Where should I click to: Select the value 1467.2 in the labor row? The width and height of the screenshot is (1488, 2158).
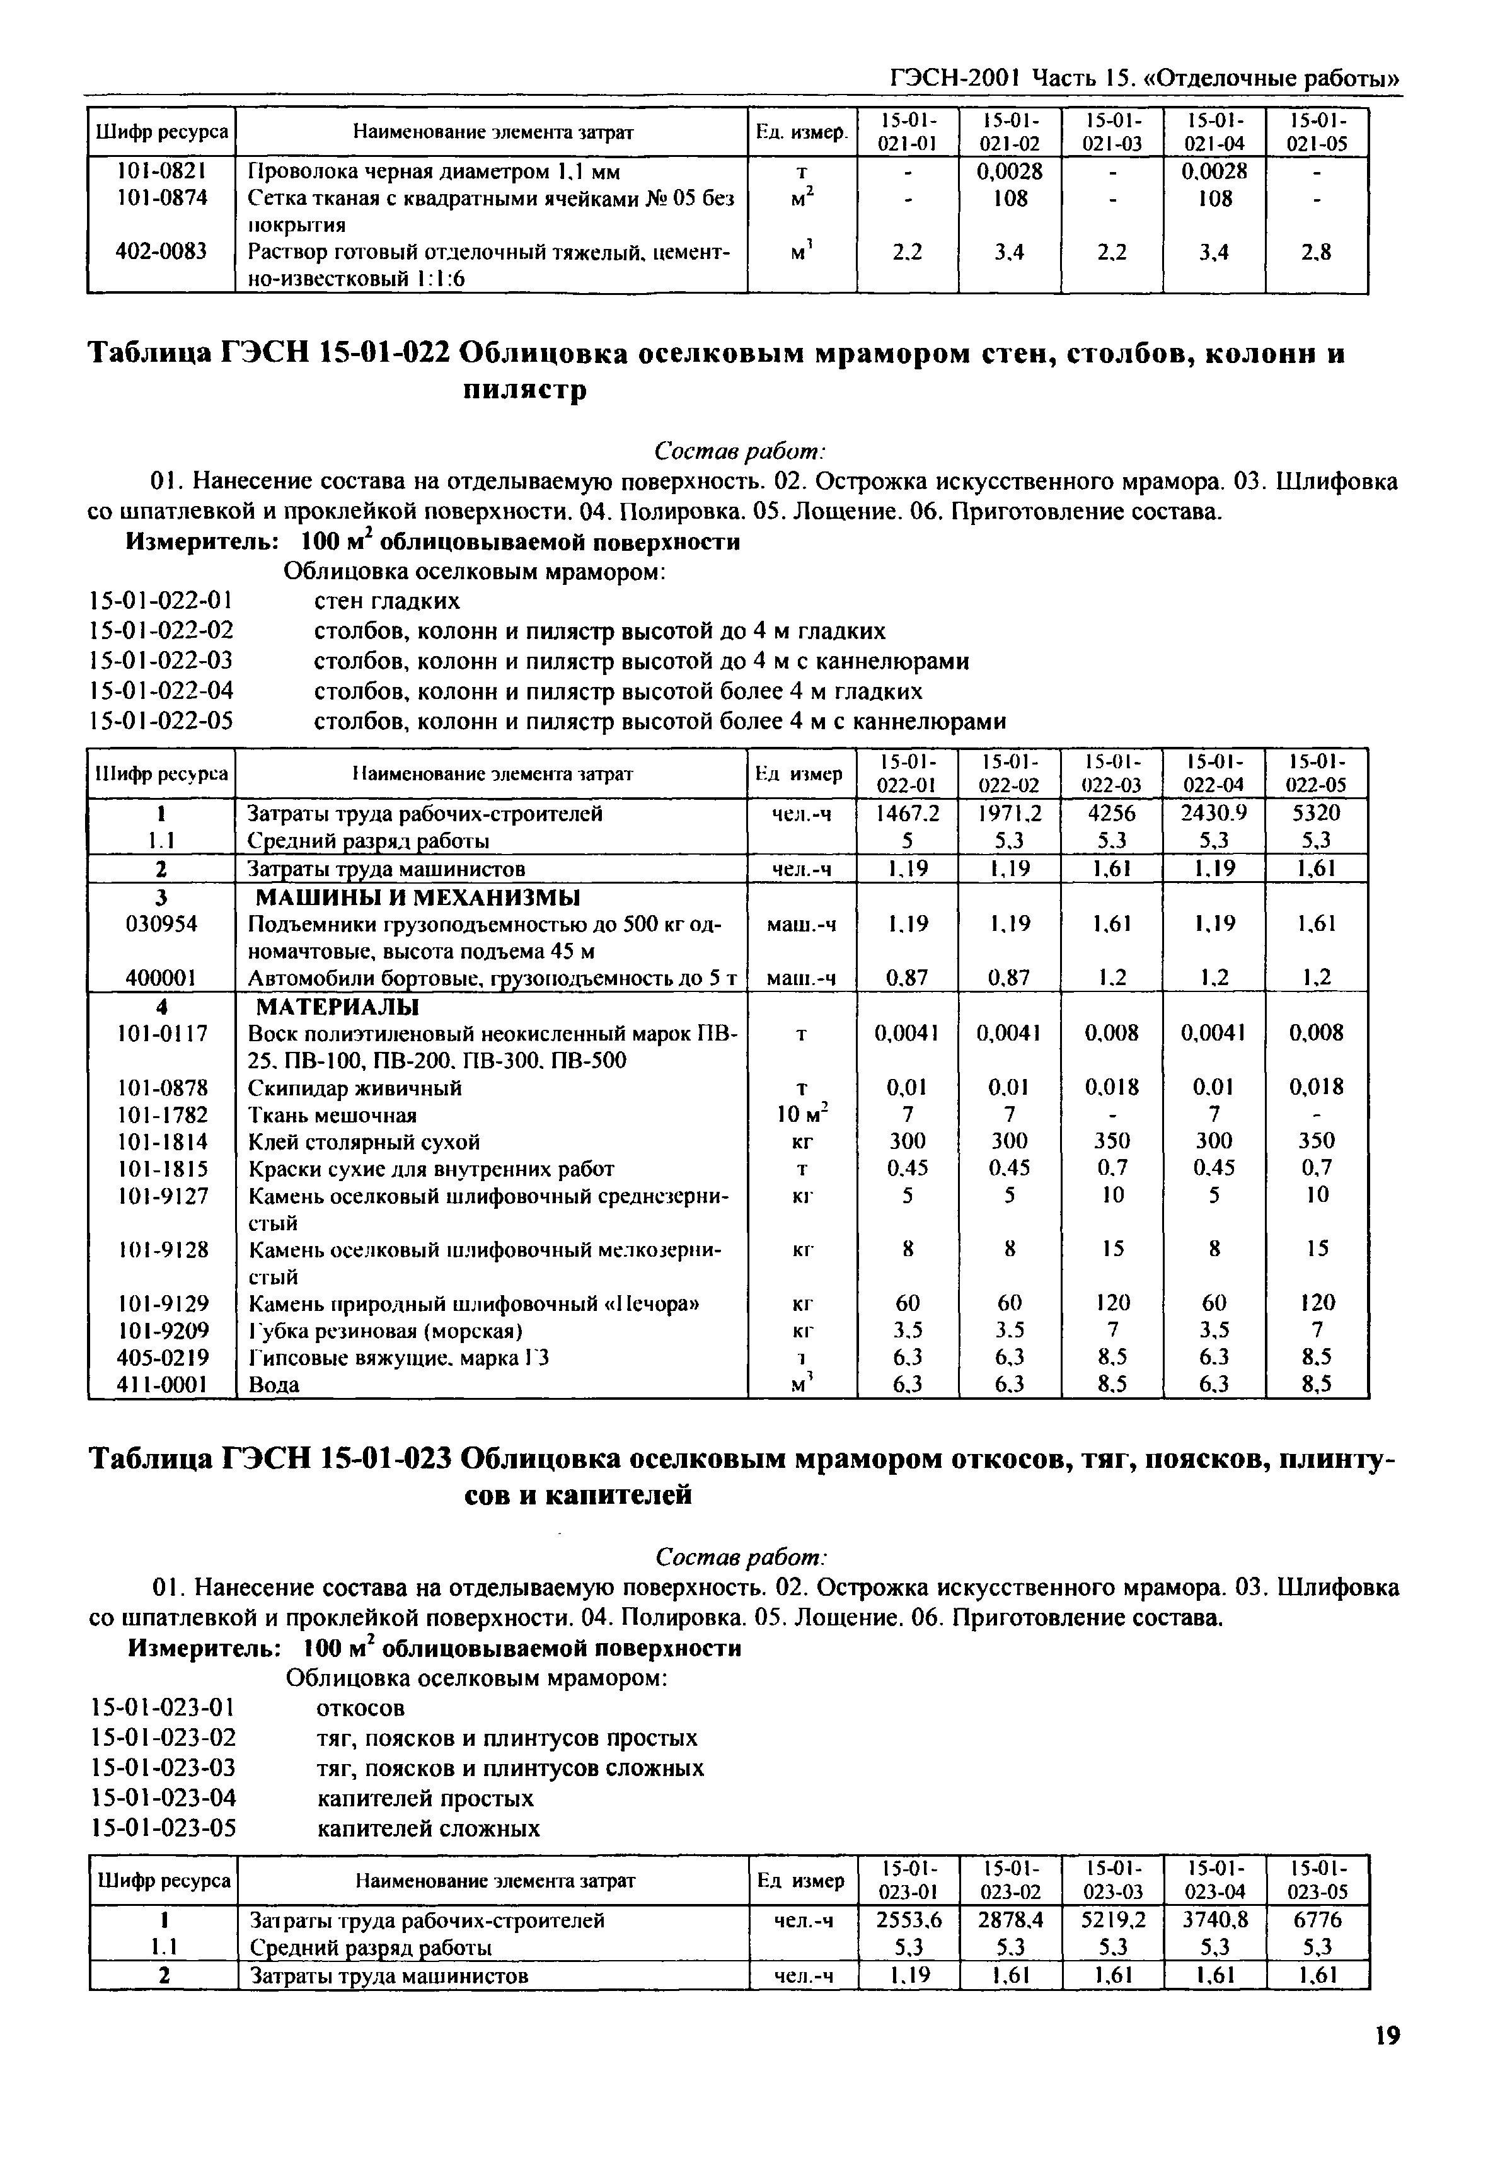907,814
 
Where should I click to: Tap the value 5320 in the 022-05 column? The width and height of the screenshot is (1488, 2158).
1317,814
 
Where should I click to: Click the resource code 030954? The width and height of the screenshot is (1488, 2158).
160,924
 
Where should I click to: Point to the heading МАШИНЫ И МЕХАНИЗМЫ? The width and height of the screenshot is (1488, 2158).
418,897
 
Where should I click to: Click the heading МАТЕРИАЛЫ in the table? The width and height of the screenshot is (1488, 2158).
338,1007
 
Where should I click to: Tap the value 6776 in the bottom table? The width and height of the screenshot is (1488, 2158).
1317,1920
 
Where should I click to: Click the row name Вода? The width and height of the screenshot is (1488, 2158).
274,1385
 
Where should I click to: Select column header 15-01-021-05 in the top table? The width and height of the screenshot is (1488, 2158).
1317,132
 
